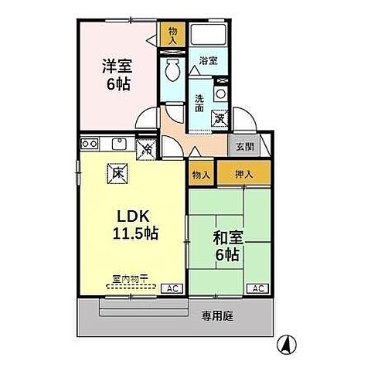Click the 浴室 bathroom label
pos(207,60)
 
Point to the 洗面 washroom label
pos(199,102)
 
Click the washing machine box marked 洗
pos(220,118)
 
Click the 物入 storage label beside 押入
pos(201,175)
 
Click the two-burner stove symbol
pos(88,143)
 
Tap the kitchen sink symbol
pos(120,143)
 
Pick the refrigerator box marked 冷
pos(145,147)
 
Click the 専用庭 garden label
pos(218,315)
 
